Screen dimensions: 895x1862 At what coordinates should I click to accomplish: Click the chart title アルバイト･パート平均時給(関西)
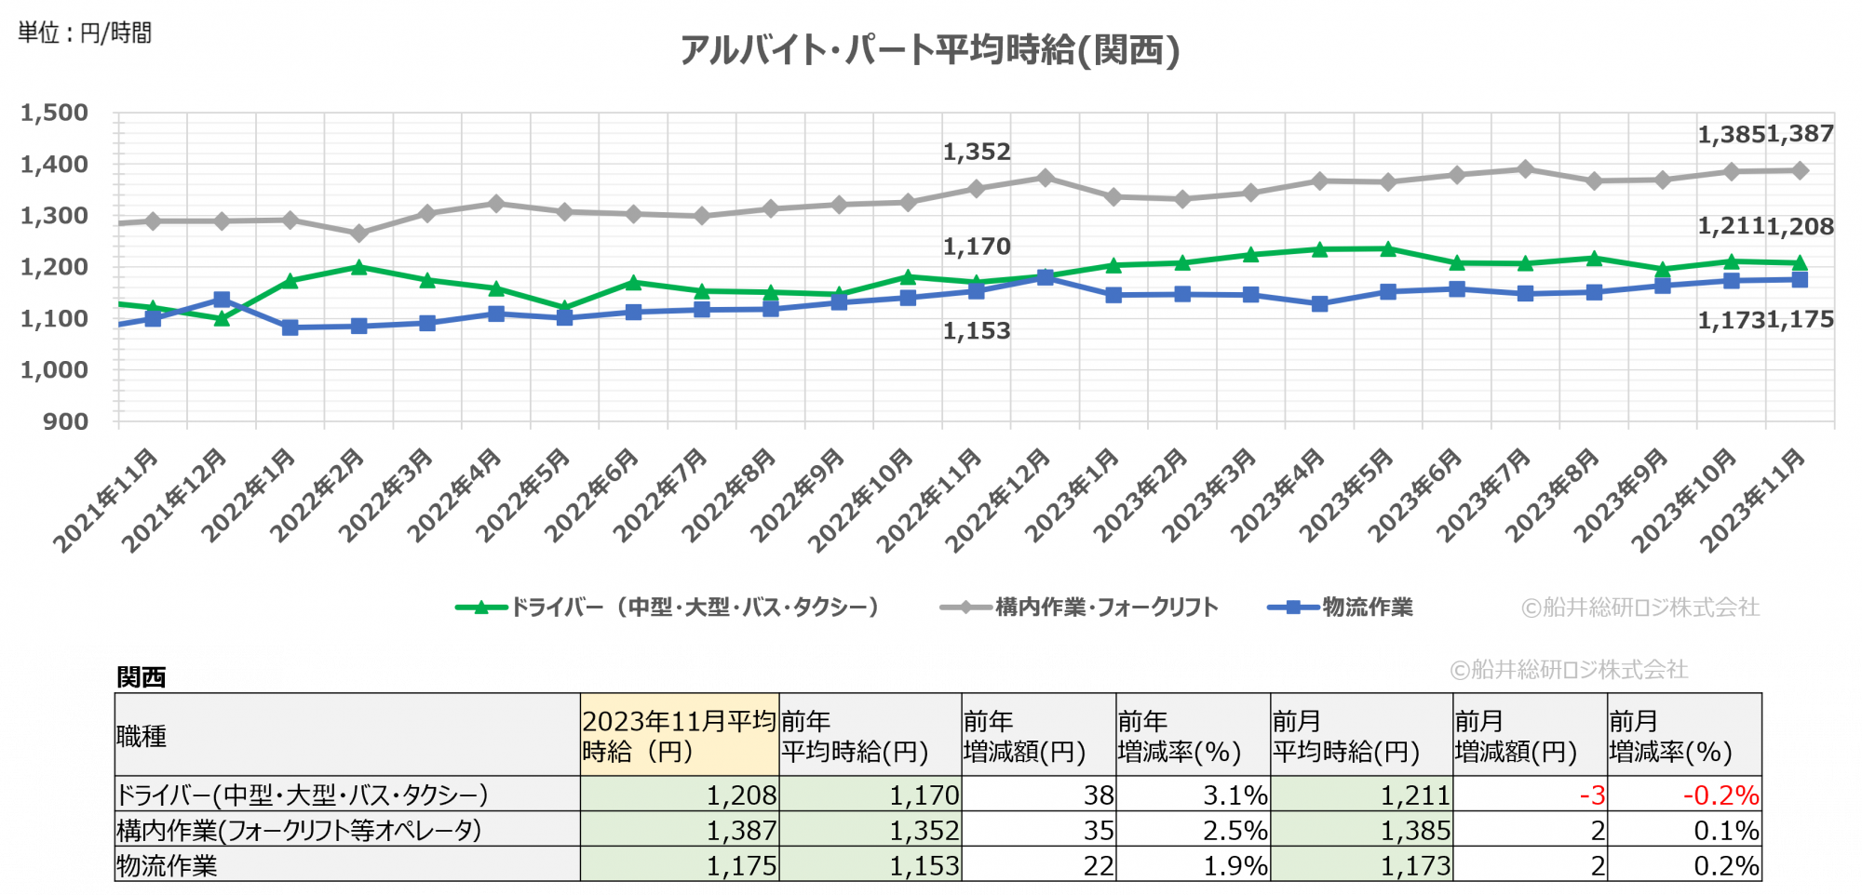click(929, 50)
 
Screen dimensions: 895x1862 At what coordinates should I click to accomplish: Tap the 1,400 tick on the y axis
click(55, 165)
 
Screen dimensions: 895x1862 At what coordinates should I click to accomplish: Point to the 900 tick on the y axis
click(65, 421)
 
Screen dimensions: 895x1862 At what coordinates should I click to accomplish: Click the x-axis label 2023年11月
click(1755, 498)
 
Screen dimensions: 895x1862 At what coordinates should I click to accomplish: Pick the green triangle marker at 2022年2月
click(358, 267)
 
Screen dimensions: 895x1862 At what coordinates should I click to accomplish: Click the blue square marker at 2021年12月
click(222, 300)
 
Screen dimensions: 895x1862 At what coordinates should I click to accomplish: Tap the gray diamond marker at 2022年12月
click(1045, 178)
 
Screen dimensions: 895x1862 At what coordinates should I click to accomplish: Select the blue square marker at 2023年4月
click(1319, 303)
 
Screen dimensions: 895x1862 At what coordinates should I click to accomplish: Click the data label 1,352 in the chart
click(977, 152)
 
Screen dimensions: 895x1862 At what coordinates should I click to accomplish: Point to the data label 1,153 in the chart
click(977, 331)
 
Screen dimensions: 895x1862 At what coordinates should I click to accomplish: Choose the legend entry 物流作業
click(1367, 608)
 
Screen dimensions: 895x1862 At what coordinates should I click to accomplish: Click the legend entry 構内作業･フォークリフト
click(1106, 608)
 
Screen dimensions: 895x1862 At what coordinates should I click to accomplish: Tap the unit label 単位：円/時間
click(85, 33)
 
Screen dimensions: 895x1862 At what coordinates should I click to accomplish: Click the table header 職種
click(142, 736)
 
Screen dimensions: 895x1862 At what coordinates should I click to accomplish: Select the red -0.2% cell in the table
click(1720, 795)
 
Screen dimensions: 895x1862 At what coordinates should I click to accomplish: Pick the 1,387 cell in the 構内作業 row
click(741, 830)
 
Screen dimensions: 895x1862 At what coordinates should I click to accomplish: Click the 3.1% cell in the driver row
click(1235, 795)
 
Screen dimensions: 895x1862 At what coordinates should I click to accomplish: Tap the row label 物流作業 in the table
click(167, 865)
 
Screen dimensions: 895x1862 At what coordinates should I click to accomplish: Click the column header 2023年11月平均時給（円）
click(679, 735)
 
